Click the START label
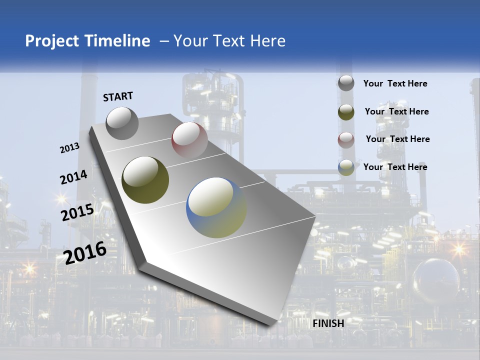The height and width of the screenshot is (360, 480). (x=118, y=96)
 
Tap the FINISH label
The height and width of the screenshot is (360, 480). (x=328, y=323)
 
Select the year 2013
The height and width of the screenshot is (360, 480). (x=69, y=148)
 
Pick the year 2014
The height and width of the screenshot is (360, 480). (x=73, y=177)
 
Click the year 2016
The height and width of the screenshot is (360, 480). (x=85, y=252)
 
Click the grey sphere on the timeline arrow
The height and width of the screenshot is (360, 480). (x=122, y=123)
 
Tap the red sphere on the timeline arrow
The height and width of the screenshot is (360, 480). (x=189, y=140)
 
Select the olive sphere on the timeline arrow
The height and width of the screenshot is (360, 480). (x=145, y=180)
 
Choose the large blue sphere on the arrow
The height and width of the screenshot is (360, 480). (x=216, y=207)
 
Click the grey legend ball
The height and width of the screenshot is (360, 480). (x=346, y=83)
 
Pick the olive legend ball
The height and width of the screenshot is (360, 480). (x=346, y=112)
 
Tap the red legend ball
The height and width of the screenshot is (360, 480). (x=346, y=139)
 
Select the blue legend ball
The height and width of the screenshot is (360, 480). (x=346, y=167)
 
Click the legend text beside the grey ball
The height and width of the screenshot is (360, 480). (x=395, y=84)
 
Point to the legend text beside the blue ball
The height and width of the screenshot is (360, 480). (x=395, y=167)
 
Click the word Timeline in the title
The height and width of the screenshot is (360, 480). (x=118, y=41)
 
